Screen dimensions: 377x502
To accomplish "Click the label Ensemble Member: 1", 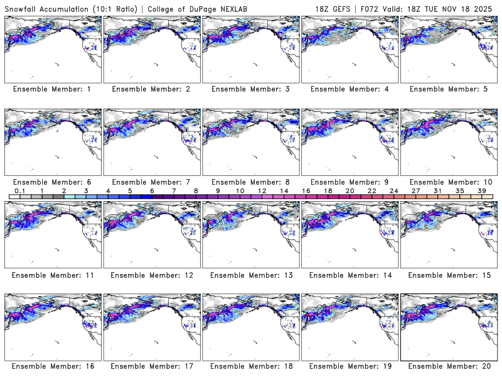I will pyautogui.click(x=51, y=89).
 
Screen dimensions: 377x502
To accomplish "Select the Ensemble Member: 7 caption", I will pyautogui.click(x=151, y=182).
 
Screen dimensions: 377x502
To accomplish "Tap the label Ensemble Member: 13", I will pyautogui.click(x=250, y=275).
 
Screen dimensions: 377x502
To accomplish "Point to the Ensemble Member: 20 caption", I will pyautogui.click(x=448, y=367).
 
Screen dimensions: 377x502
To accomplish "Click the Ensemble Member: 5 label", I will pyautogui.click(x=448, y=89).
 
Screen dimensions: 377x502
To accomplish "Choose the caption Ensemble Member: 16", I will pyautogui.click(x=51, y=367).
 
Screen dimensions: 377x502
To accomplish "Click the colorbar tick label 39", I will pyautogui.click(x=481, y=190).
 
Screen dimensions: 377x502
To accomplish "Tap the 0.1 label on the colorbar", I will pyautogui.click(x=19, y=190).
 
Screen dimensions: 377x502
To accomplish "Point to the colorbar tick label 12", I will pyautogui.click(x=262, y=190).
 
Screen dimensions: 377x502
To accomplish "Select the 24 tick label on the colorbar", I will pyautogui.click(x=393, y=190).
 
